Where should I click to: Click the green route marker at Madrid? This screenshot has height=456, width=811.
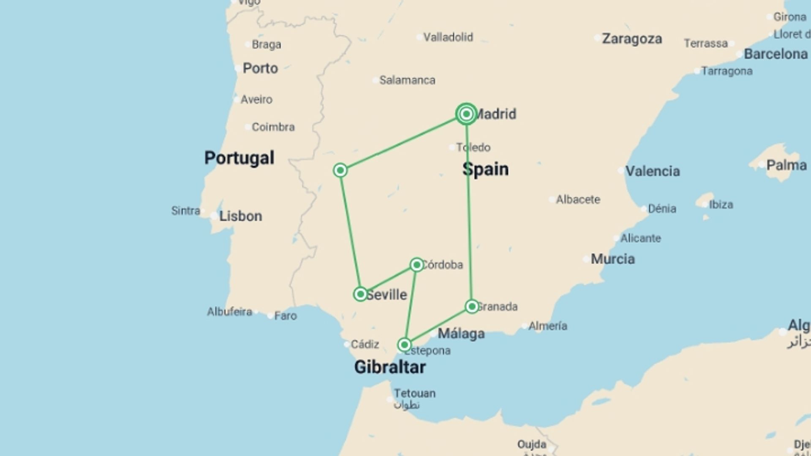click(x=466, y=114)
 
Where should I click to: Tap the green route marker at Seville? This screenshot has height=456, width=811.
click(x=360, y=294)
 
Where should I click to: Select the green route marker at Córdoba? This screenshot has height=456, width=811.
click(x=416, y=265)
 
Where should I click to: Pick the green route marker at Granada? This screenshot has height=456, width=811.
click(x=472, y=307)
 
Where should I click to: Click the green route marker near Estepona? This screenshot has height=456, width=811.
click(x=404, y=345)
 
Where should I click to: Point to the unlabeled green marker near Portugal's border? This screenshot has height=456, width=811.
click(x=340, y=170)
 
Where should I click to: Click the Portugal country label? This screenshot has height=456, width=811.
click(x=239, y=158)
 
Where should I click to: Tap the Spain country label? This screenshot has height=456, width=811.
click(x=486, y=169)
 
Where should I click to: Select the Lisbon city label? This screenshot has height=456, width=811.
click(x=240, y=216)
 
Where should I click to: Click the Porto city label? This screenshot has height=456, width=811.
click(x=260, y=68)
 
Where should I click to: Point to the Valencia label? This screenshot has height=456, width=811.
click(x=653, y=171)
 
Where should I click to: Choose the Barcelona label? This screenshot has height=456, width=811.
click(x=776, y=54)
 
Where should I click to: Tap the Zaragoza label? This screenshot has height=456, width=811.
click(x=632, y=39)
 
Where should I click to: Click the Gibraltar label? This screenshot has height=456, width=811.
click(x=390, y=367)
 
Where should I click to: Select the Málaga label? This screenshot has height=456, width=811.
click(x=461, y=334)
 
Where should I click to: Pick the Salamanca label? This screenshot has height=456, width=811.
click(x=407, y=80)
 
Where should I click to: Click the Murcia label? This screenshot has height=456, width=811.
click(x=612, y=259)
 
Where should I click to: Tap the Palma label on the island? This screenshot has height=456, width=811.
click(x=787, y=165)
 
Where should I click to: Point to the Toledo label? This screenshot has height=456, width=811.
click(x=474, y=147)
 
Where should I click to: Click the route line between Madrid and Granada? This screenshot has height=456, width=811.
click(x=468, y=211)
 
